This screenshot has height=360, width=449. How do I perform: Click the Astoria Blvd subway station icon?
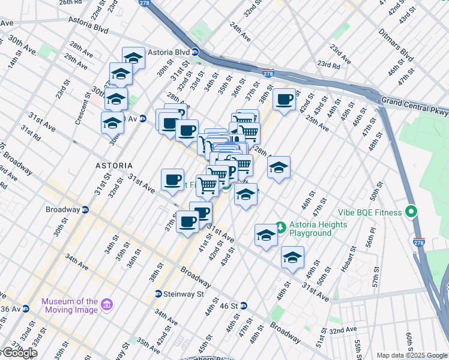click(x=195, y=52)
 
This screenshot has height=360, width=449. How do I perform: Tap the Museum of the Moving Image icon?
click(x=107, y=305)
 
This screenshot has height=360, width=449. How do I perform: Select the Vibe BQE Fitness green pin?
click(x=411, y=212)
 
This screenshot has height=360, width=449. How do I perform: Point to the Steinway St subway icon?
click(x=158, y=294)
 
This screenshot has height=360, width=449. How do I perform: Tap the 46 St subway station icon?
click(x=243, y=305)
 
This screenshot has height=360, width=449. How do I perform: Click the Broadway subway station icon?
click(x=86, y=210)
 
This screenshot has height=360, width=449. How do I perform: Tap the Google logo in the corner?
click(x=19, y=353)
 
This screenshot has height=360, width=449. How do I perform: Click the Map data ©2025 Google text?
click(x=412, y=355)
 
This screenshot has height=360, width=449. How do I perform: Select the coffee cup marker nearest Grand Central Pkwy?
click(x=285, y=99)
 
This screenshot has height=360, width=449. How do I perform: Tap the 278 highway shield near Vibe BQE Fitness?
click(x=418, y=242)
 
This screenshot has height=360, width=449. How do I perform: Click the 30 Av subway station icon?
click(x=142, y=118)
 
